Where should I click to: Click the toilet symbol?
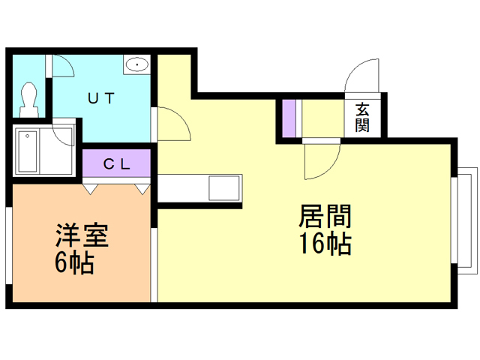point(31,97)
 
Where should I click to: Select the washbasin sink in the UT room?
point(138,65)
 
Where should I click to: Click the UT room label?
point(101,97)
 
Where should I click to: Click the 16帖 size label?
point(325,244)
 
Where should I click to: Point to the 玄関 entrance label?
point(363,115)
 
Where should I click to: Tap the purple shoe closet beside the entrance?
point(288,117)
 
